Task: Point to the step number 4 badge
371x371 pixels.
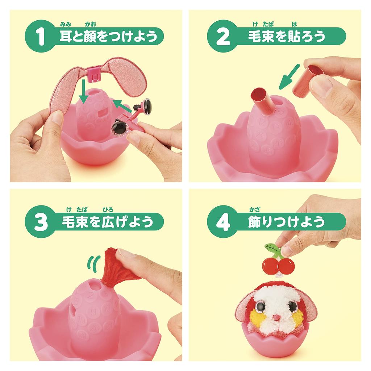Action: [222, 222]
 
